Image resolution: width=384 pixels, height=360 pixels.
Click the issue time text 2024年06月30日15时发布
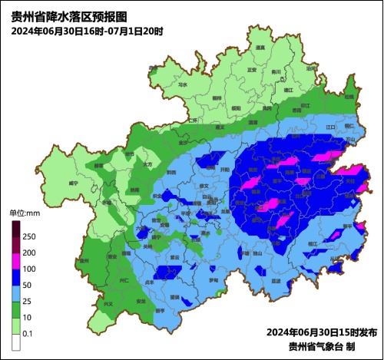click(322, 332)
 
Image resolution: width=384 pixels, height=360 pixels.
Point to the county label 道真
click(260, 48)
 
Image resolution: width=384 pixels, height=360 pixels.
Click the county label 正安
click(251, 70)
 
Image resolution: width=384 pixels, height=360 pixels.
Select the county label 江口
click(332, 126)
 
